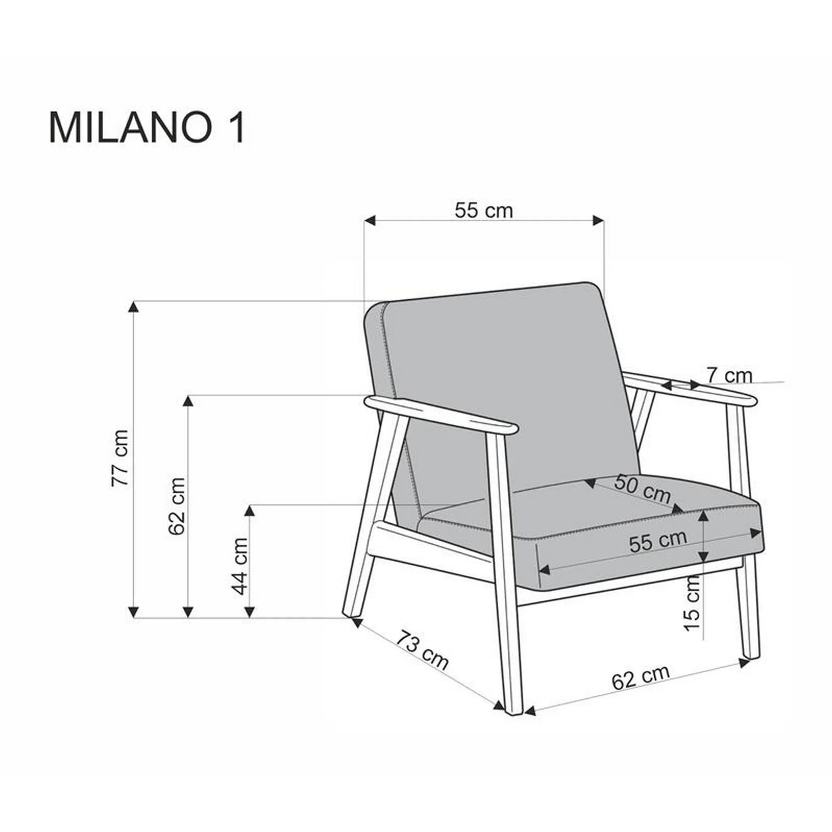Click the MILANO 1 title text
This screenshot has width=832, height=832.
click(147, 128)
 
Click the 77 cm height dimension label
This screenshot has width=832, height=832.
click(120, 458)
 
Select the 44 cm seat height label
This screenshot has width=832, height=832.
click(240, 566)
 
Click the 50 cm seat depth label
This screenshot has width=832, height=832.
click(642, 489)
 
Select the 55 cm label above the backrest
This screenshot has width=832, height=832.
click(484, 211)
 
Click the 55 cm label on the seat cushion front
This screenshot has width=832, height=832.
click(657, 542)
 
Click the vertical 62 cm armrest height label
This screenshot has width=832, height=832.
click(176, 505)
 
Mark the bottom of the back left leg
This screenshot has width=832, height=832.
click(351, 614)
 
